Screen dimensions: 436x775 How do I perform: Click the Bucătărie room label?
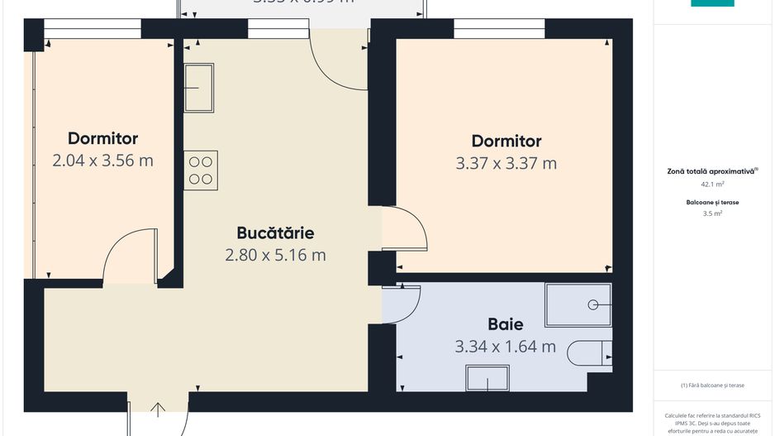pyautogui.click(x=275, y=232)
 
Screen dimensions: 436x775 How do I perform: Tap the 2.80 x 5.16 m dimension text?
pyautogui.click(x=275, y=256)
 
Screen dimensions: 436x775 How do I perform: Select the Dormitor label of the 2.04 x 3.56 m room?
pyautogui.click(x=102, y=138)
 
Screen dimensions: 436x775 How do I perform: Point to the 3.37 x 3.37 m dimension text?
pyautogui.click(x=506, y=164)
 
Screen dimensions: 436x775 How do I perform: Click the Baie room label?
pyautogui.click(x=505, y=324)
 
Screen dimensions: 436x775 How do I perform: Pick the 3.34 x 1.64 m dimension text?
pyautogui.click(x=505, y=347)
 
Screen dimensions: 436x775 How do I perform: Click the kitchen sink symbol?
pyautogui.click(x=198, y=88)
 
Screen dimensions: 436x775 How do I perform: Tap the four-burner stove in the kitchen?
pyautogui.click(x=200, y=170)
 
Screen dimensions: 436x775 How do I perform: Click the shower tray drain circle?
pyautogui.click(x=593, y=305)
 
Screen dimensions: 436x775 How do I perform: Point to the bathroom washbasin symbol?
pyautogui.click(x=487, y=379)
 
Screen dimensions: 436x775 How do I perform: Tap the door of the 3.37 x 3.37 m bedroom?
pyautogui.click(x=404, y=229)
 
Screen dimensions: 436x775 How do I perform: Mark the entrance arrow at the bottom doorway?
pyautogui.click(x=158, y=406)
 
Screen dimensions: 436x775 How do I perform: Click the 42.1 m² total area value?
pyautogui.click(x=712, y=185)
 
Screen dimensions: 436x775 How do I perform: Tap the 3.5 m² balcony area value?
pyautogui.click(x=712, y=213)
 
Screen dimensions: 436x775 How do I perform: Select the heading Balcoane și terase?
pyautogui.click(x=712, y=203)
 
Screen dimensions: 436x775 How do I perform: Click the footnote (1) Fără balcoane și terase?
pyautogui.click(x=712, y=386)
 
